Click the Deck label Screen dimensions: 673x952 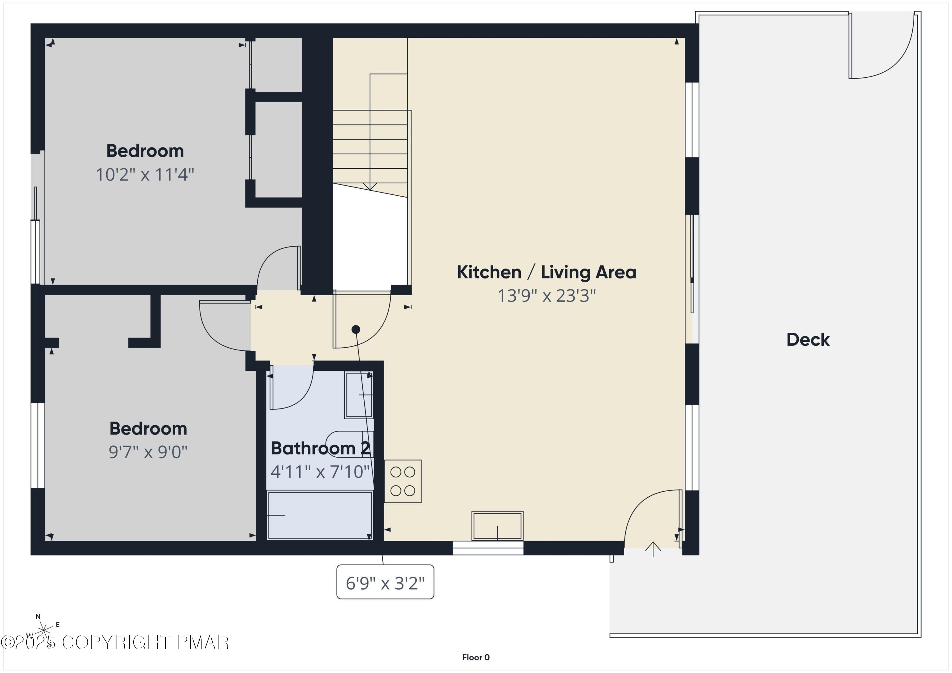(x=808, y=340)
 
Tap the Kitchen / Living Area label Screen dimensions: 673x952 (x=546, y=272)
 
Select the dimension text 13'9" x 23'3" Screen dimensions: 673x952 (x=546, y=296)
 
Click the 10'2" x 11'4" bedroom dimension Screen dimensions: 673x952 (x=145, y=174)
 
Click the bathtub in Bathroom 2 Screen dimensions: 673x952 (x=319, y=515)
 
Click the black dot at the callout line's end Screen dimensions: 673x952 (x=355, y=330)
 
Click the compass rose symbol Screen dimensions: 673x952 (x=43, y=631)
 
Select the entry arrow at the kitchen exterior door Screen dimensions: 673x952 (x=653, y=549)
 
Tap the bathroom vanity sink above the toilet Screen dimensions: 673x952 (x=359, y=395)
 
